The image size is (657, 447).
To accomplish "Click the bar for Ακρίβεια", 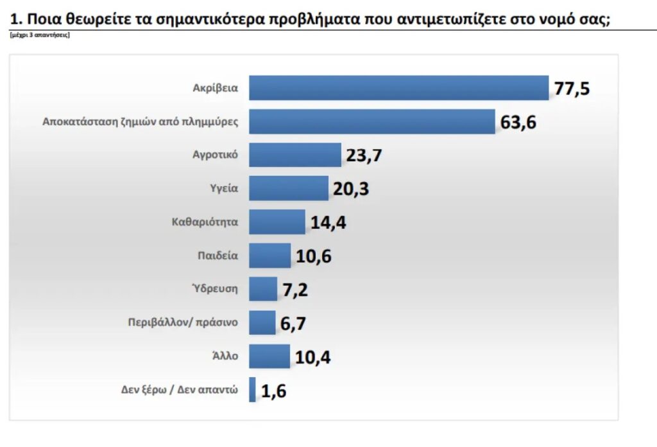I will (x=398, y=88).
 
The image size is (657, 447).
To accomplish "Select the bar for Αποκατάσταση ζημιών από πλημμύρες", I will (x=371, y=121).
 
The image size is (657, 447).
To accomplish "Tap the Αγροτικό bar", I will (x=294, y=155).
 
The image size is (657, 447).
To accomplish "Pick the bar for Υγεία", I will (x=288, y=188).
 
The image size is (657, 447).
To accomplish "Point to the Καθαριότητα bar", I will (x=277, y=222).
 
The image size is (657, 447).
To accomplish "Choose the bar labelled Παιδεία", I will (x=269, y=256).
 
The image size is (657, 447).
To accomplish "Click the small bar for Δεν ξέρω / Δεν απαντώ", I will (x=252, y=390).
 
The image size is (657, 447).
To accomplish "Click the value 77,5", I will (x=572, y=89).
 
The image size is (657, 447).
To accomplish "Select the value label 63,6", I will (x=518, y=122).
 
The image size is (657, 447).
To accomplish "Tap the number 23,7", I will (x=364, y=156).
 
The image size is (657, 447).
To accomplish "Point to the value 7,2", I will (x=296, y=290).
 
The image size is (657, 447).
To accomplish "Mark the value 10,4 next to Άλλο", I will (x=313, y=357).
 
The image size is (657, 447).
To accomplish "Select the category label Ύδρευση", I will (x=215, y=289).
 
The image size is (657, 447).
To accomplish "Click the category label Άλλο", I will (x=226, y=356).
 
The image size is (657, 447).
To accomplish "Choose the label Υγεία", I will (x=224, y=188).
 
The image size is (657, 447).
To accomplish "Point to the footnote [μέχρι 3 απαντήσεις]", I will (x=40, y=35).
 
